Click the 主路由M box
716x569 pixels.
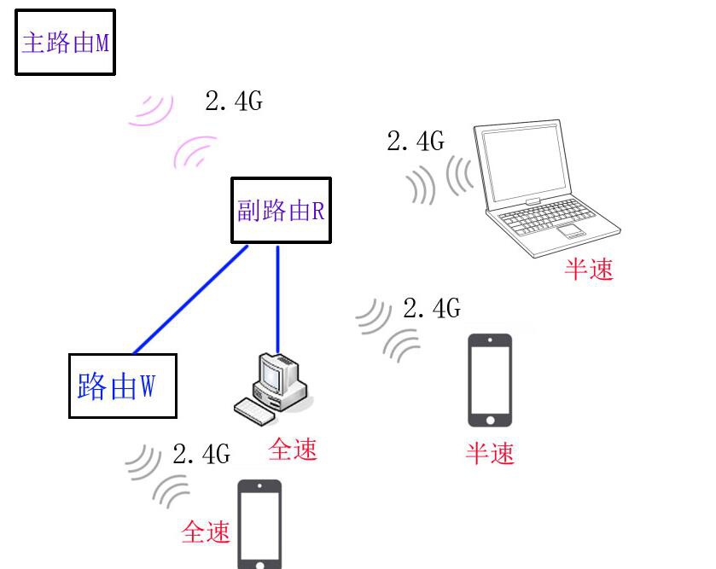[x=66, y=42]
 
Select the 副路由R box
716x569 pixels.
[x=281, y=210]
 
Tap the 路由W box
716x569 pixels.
[x=122, y=386]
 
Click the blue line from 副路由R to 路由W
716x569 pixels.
[x=190, y=299]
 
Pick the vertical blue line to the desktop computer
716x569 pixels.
[x=277, y=299]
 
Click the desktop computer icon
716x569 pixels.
[x=272, y=389]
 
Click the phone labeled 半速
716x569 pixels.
[x=490, y=380]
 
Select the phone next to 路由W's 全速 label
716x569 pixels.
[x=259, y=524]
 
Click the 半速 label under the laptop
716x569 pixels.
[x=589, y=269]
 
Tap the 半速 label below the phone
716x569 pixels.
[x=490, y=453]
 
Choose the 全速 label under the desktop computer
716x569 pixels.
[x=293, y=449]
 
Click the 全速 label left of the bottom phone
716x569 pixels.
[x=206, y=531]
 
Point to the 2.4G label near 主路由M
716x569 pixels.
[x=234, y=101]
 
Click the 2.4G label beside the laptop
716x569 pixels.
[x=416, y=141]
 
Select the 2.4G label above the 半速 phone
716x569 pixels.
[x=432, y=308]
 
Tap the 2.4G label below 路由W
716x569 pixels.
[x=201, y=454]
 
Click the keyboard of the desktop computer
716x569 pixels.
[x=255, y=411]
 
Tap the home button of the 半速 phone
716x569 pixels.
[x=491, y=421]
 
